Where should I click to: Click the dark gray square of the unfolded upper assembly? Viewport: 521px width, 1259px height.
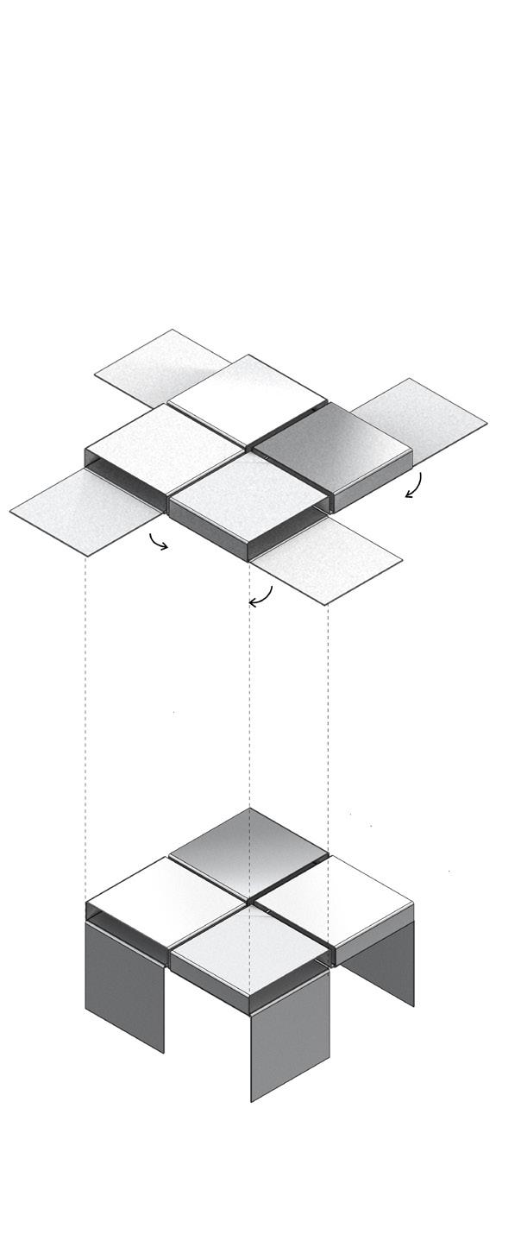pos(332,447)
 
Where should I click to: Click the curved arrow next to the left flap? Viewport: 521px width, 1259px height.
pos(158,543)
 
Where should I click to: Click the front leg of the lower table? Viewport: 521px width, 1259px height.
pos(290,1036)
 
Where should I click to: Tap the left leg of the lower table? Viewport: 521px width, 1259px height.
pos(124,984)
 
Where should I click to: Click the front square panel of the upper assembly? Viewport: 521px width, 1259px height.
pos(248,499)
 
